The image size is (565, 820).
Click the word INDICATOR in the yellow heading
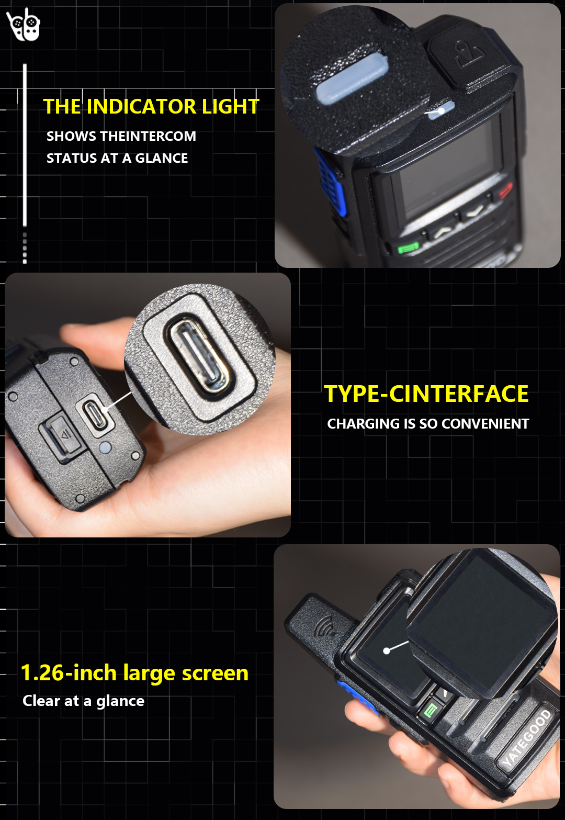[x=142, y=107]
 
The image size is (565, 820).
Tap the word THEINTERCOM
[x=148, y=136]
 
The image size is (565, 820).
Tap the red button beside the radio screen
[x=506, y=190]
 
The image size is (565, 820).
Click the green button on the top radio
[x=409, y=248]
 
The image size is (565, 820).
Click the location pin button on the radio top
[x=471, y=55]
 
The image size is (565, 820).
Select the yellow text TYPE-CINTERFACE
[x=426, y=394]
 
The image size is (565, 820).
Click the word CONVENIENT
[x=485, y=423]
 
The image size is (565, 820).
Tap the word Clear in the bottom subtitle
[x=41, y=701]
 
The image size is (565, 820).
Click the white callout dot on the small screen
[x=386, y=651]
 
